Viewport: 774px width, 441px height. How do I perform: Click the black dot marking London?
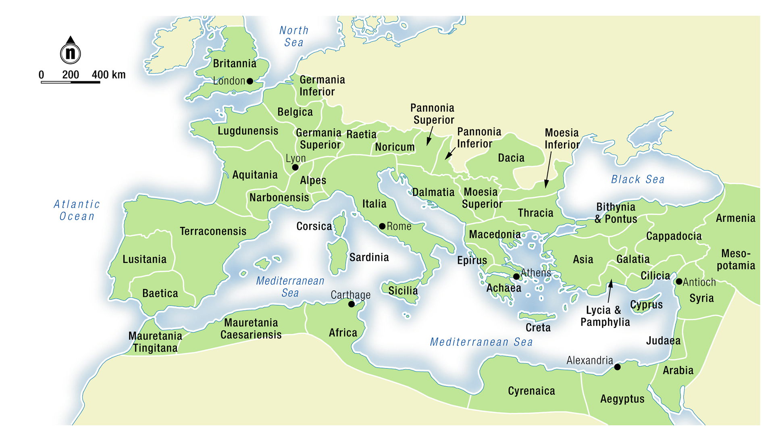click(250, 81)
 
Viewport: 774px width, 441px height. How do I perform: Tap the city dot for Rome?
click(382, 226)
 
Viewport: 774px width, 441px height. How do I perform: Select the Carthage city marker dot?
click(352, 304)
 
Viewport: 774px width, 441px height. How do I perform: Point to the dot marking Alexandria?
click(617, 367)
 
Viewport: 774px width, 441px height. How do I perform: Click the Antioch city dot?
click(679, 282)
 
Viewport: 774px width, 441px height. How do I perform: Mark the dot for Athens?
click(516, 277)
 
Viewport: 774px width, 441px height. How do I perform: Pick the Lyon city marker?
click(295, 167)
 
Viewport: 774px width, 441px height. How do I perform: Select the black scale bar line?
click(71, 83)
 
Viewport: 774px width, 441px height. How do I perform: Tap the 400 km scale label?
click(108, 75)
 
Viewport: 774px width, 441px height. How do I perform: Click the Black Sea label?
click(638, 179)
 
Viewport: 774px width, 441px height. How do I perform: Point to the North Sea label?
click(294, 36)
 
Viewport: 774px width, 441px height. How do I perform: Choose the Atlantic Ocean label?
click(77, 210)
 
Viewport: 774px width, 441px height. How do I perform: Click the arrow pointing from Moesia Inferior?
click(548, 169)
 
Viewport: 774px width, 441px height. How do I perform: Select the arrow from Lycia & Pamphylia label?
click(610, 290)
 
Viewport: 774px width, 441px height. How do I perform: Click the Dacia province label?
click(511, 158)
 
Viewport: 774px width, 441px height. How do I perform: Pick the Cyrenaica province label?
click(531, 391)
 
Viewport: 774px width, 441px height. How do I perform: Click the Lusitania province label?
click(144, 259)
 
